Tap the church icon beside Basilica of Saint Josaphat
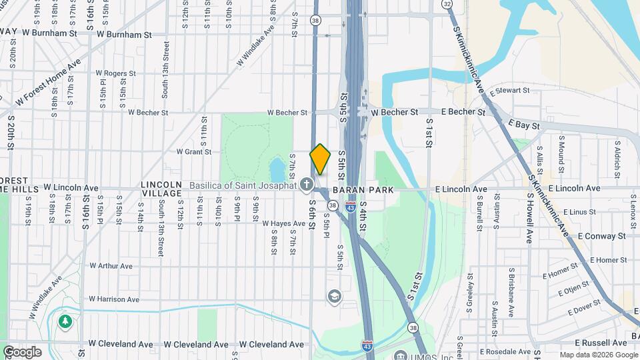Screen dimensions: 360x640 (307, 183)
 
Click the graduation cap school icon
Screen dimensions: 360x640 (334, 295)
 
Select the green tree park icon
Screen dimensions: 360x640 (65, 323)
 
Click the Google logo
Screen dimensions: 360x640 (22, 351)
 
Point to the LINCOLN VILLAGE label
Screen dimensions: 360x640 (161, 189)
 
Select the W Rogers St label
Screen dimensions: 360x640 (115, 73)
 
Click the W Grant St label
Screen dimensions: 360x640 (193, 151)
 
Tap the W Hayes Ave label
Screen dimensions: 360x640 (283, 224)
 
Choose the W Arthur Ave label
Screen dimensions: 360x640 (111, 265)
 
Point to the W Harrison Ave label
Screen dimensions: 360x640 (113, 299)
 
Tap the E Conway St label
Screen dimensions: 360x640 (601, 236)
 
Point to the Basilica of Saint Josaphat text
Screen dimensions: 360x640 (243, 185)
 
